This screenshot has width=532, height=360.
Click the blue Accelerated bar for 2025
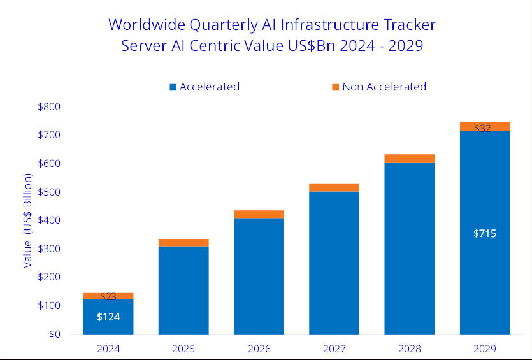[x=183, y=290]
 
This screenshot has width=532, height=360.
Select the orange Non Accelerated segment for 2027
[x=334, y=187]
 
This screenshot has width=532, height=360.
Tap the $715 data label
[x=485, y=233]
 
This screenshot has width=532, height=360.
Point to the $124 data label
[x=108, y=317]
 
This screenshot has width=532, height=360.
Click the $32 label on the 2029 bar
[x=482, y=128]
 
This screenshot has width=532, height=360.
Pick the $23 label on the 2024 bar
[x=108, y=296]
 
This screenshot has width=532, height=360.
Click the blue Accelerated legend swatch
[x=173, y=87]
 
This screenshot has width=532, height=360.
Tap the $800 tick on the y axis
[x=49, y=106]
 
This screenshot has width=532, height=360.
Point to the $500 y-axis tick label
[x=49, y=192]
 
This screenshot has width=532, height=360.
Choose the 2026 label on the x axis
[x=259, y=349]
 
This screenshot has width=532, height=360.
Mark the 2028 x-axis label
[x=409, y=349]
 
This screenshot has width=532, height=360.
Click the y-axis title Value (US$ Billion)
[x=27, y=220]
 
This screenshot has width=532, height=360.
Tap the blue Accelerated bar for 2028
[x=409, y=248]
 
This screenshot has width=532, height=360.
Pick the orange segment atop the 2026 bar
[x=259, y=214]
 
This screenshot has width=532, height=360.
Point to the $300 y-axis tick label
[x=49, y=248]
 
